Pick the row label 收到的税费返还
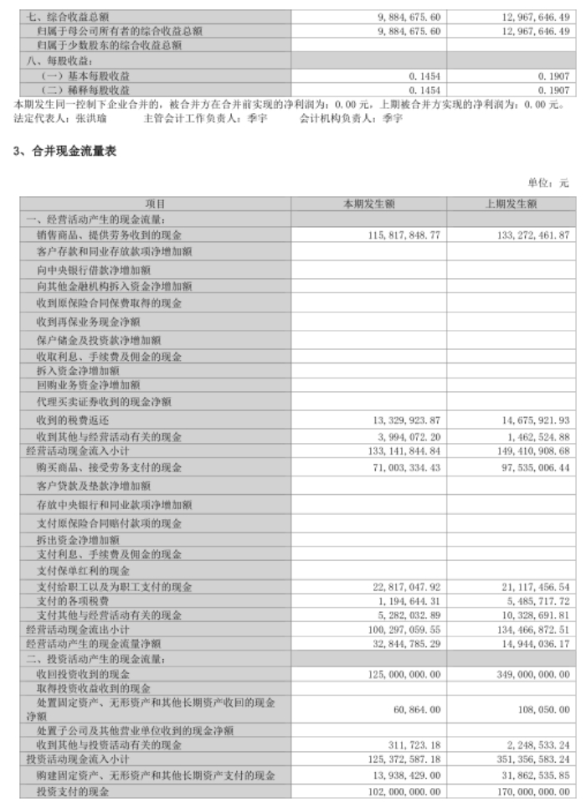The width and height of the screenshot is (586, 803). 73,420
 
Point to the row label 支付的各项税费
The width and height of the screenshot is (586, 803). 73,601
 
